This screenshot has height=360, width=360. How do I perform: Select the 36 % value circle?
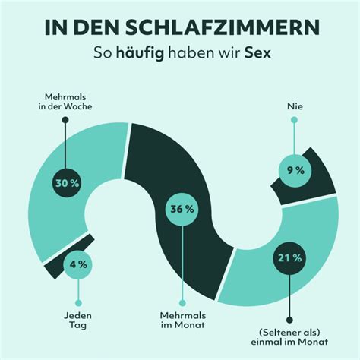(180, 210)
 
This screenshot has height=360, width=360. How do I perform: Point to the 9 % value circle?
(295, 170)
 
